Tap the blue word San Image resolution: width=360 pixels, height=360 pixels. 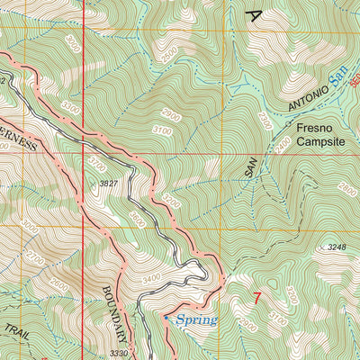tap(338, 84)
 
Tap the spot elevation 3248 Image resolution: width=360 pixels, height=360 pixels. tap(336, 247)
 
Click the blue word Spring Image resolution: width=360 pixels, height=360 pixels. tap(196, 320)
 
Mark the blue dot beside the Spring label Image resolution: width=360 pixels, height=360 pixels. tap(166, 317)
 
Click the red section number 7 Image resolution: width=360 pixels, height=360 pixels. tap(257, 298)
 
